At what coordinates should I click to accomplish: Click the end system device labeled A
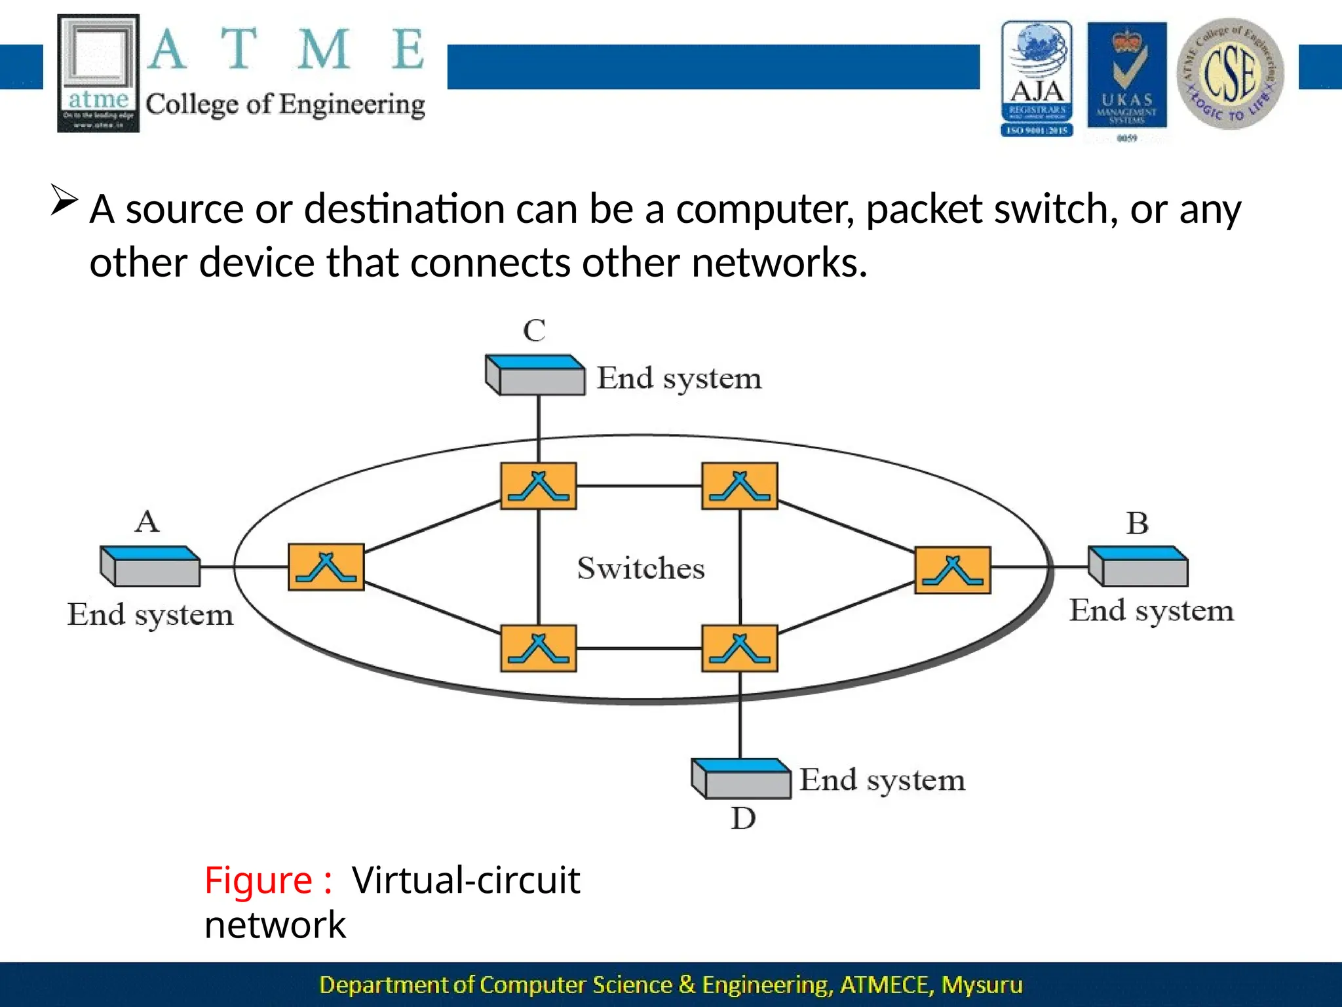[x=150, y=566]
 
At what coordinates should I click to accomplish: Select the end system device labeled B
[x=1138, y=566]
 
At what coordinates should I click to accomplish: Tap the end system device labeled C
[x=535, y=376]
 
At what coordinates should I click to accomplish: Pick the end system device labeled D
[x=741, y=779]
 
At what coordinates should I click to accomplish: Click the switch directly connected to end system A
[x=326, y=567]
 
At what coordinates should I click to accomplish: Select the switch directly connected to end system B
[x=953, y=570]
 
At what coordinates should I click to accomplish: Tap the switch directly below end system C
[x=539, y=486]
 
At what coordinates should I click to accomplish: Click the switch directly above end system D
[x=740, y=648]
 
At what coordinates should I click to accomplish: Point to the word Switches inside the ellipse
[x=641, y=568]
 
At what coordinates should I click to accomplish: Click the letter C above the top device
[x=534, y=330]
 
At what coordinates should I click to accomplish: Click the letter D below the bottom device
[x=743, y=818]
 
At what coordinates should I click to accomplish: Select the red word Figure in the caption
[x=258, y=880]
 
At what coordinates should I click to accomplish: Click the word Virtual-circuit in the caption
[x=466, y=880]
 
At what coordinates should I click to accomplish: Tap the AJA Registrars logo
[x=1037, y=79]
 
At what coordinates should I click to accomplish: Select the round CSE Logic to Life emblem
[x=1230, y=73]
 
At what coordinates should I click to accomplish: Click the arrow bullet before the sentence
[x=64, y=200]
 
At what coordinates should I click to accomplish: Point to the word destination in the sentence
[x=404, y=210]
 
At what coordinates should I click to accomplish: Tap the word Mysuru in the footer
[x=982, y=985]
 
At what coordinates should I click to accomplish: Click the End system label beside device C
[x=679, y=378]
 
